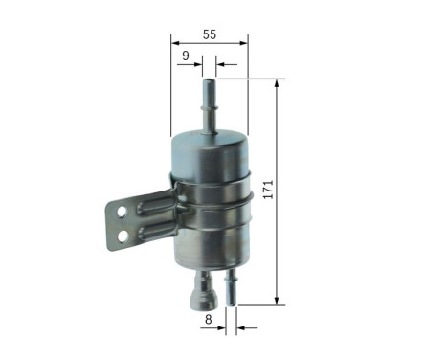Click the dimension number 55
209,34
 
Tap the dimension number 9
185,56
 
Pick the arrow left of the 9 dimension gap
196,66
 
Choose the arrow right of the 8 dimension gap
245,326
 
